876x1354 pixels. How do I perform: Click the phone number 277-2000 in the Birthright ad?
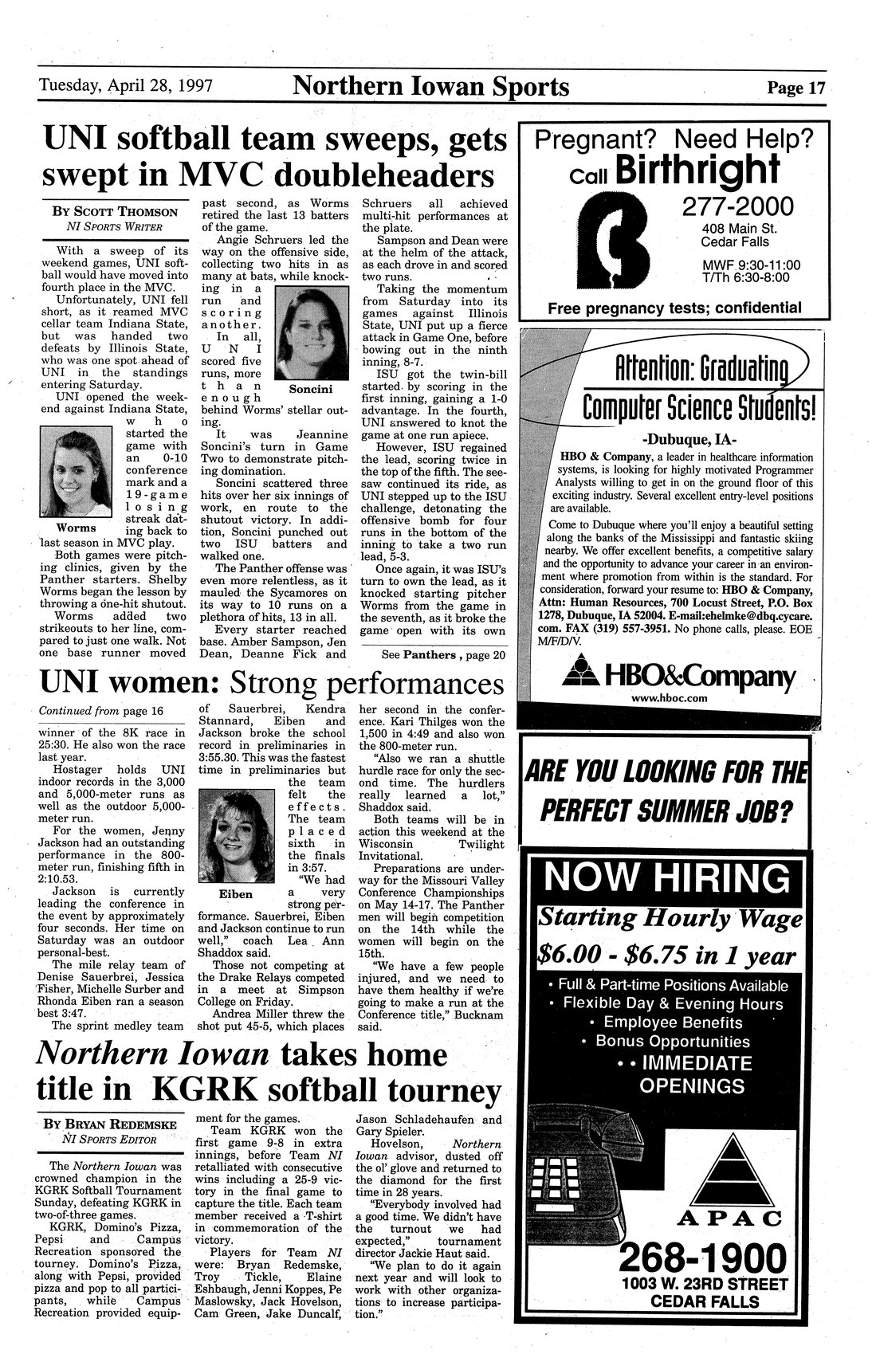pyautogui.click(x=737, y=207)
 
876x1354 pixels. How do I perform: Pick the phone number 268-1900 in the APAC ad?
pyautogui.click(x=701, y=1260)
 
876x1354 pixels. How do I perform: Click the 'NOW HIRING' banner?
pyautogui.click(x=668, y=879)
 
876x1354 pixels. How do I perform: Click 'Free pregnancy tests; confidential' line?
pyautogui.click(x=674, y=308)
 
